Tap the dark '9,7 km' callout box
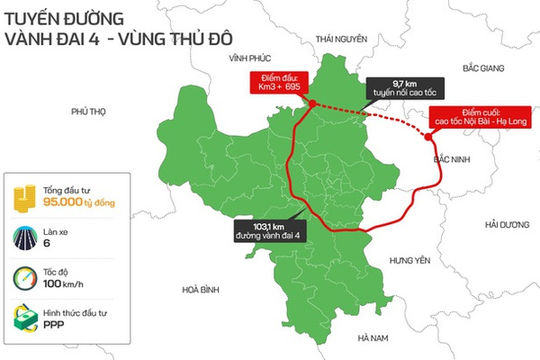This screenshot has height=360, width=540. [x=396, y=88]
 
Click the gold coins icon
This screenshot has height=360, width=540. [x=23, y=196]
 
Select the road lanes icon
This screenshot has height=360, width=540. [x=23, y=237]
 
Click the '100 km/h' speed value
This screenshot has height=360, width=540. [x=70, y=284]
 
